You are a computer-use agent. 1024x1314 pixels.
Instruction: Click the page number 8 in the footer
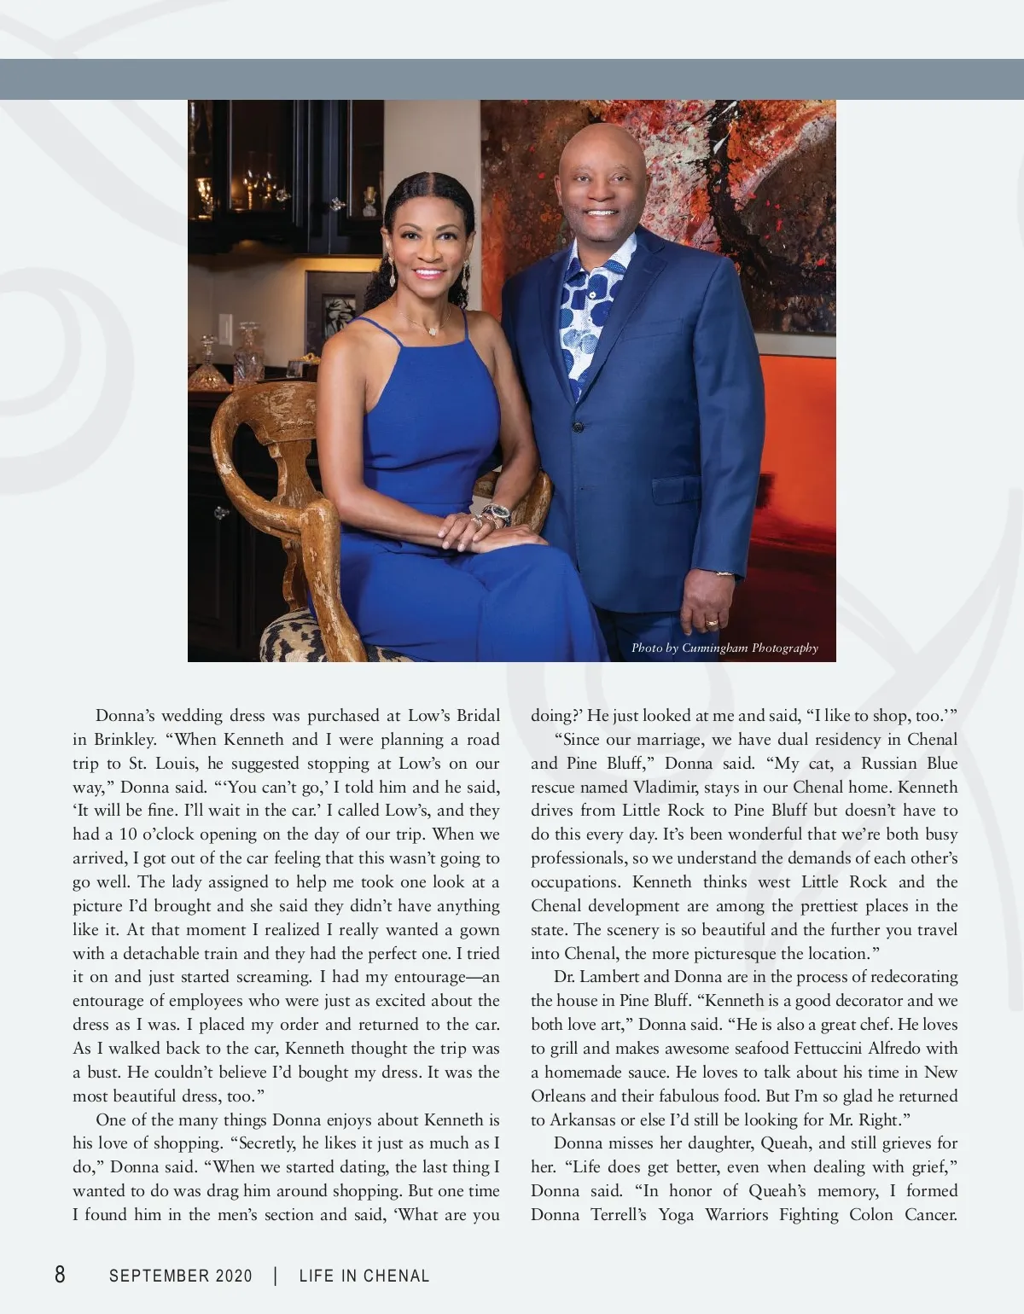pos(60,1275)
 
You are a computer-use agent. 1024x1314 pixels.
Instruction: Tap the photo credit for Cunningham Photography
pos(724,648)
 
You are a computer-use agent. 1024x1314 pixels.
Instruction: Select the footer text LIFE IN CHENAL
pos(364,1276)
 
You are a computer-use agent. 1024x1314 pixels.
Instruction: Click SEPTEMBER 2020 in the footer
pos(181,1276)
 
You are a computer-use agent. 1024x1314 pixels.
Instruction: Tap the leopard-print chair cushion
pos(290,640)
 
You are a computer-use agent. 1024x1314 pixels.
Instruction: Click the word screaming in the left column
pos(263,976)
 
